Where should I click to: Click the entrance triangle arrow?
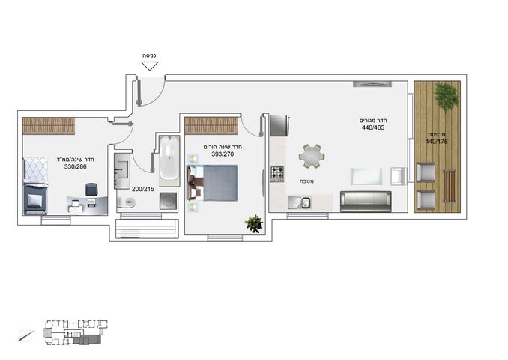click(x=150, y=66)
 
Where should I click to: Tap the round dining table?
click(x=312, y=156)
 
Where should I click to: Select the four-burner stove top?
click(x=277, y=174)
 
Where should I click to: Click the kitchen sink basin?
click(x=306, y=202)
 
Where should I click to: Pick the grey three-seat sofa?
click(x=366, y=202)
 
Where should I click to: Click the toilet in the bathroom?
click(x=127, y=202)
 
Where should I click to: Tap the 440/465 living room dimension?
click(x=373, y=127)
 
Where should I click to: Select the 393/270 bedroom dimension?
click(x=223, y=154)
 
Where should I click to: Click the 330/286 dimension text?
click(x=76, y=166)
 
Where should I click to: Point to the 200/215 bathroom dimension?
click(x=143, y=189)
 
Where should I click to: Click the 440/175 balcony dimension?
click(x=436, y=142)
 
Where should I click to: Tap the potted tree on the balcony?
click(x=447, y=96)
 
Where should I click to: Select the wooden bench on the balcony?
click(x=449, y=186)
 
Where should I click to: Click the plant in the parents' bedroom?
click(x=254, y=223)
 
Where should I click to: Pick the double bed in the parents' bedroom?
click(x=212, y=183)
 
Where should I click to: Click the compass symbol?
click(x=26, y=335)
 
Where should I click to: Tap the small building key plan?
click(x=76, y=332)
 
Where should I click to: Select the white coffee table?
click(x=366, y=176)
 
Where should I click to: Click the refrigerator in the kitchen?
click(x=279, y=126)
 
